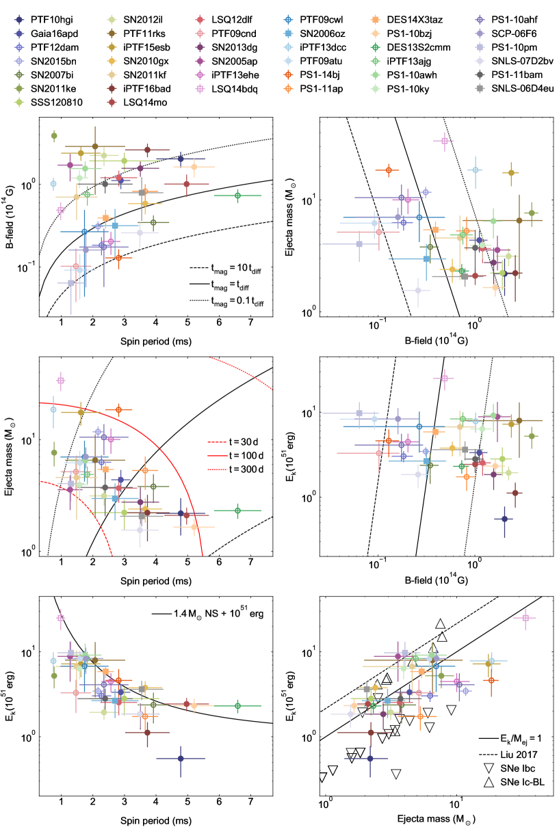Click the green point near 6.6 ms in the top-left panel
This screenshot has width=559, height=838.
tap(237, 195)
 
